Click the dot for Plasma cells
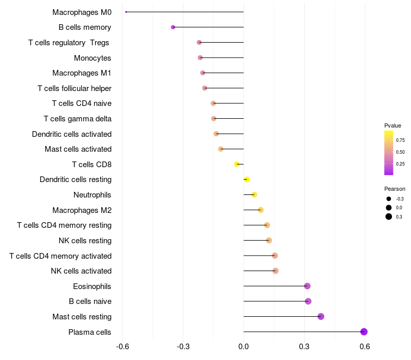tap(364, 332)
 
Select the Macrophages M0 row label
tap(82, 12)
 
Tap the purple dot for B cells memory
tap(173, 27)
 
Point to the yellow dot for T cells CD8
tap(237, 164)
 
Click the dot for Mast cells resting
tap(321, 316)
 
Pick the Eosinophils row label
tap(92, 286)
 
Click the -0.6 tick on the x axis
tap(122, 347)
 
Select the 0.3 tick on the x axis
tap(304, 347)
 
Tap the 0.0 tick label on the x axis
tap(244, 347)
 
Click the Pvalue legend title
tap(393, 125)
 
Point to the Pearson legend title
tap(395, 189)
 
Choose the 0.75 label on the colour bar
tap(400, 140)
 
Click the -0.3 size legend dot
tap(389, 199)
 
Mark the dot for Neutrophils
tap(254, 194)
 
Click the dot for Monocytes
tap(200, 58)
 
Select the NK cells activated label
tap(81, 271)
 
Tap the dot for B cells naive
tap(308, 301)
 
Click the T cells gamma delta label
tap(78, 119)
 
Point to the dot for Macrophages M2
tap(260, 210)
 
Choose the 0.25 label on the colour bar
tap(400, 164)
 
